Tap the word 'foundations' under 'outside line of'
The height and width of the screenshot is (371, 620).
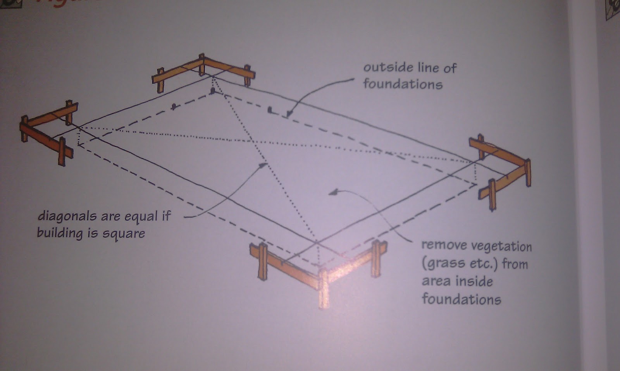click(x=403, y=84)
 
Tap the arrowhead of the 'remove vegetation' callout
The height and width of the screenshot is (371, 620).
click(x=332, y=192)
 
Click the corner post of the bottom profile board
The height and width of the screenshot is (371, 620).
click(x=324, y=287)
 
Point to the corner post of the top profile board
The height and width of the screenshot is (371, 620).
click(x=201, y=64)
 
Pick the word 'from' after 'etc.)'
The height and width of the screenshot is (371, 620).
click(x=515, y=264)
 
